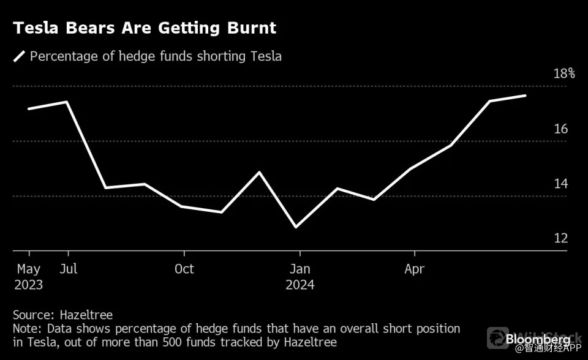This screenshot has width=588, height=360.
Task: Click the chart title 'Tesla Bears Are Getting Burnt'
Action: (x=145, y=28)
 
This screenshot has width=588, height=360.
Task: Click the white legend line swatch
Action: (x=20, y=57)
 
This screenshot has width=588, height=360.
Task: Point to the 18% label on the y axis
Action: (x=564, y=73)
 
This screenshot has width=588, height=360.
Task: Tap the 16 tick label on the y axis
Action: (x=561, y=129)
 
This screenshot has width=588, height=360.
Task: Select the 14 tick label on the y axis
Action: (x=561, y=184)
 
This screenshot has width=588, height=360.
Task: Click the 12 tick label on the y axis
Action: (x=561, y=238)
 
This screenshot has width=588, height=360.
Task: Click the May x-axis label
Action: (x=29, y=269)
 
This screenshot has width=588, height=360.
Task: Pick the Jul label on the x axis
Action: (x=69, y=269)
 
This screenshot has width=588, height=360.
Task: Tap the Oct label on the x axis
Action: (x=184, y=269)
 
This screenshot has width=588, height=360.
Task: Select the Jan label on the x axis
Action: (x=300, y=269)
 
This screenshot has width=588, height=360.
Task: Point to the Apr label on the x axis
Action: (x=415, y=269)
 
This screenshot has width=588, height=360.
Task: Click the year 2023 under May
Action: (x=29, y=285)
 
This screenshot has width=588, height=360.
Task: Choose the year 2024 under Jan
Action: (x=300, y=285)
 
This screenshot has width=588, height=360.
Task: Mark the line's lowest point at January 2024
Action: (x=297, y=227)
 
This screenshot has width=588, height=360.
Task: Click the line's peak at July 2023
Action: (x=67, y=102)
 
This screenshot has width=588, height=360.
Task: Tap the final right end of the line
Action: (x=526, y=96)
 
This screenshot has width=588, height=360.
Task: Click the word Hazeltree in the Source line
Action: (x=86, y=315)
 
